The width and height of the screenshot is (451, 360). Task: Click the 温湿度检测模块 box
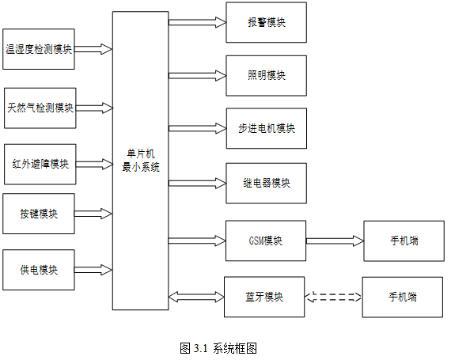click(x=39, y=49)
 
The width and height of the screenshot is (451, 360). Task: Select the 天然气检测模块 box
click(x=40, y=108)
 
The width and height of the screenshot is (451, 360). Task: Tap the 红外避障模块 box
click(x=40, y=165)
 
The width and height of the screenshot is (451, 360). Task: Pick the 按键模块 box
click(x=39, y=214)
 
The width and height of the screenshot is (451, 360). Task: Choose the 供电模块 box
click(x=39, y=270)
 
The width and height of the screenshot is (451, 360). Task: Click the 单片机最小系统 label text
click(x=141, y=161)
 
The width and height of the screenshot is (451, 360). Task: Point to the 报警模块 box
click(x=267, y=22)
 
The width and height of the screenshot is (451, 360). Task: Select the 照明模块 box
click(x=267, y=76)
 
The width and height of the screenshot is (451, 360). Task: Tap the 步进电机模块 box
click(x=267, y=128)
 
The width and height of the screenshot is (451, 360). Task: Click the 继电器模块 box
click(x=267, y=183)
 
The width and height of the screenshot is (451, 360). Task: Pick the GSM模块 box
click(x=266, y=241)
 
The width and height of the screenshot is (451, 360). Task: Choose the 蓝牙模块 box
click(x=264, y=297)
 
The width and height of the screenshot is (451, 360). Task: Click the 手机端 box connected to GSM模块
click(x=404, y=241)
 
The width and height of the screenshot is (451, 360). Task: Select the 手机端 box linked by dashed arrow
click(x=403, y=297)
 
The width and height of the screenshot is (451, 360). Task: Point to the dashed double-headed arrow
click(x=333, y=297)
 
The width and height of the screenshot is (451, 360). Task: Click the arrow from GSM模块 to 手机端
click(x=335, y=241)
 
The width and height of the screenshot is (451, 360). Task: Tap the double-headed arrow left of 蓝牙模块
click(x=196, y=297)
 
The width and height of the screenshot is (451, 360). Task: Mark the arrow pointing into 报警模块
click(x=197, y=22)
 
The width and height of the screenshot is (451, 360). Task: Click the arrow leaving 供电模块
click(x=93, y=270)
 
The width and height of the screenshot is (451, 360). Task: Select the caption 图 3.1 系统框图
click(x=218, y=348)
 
